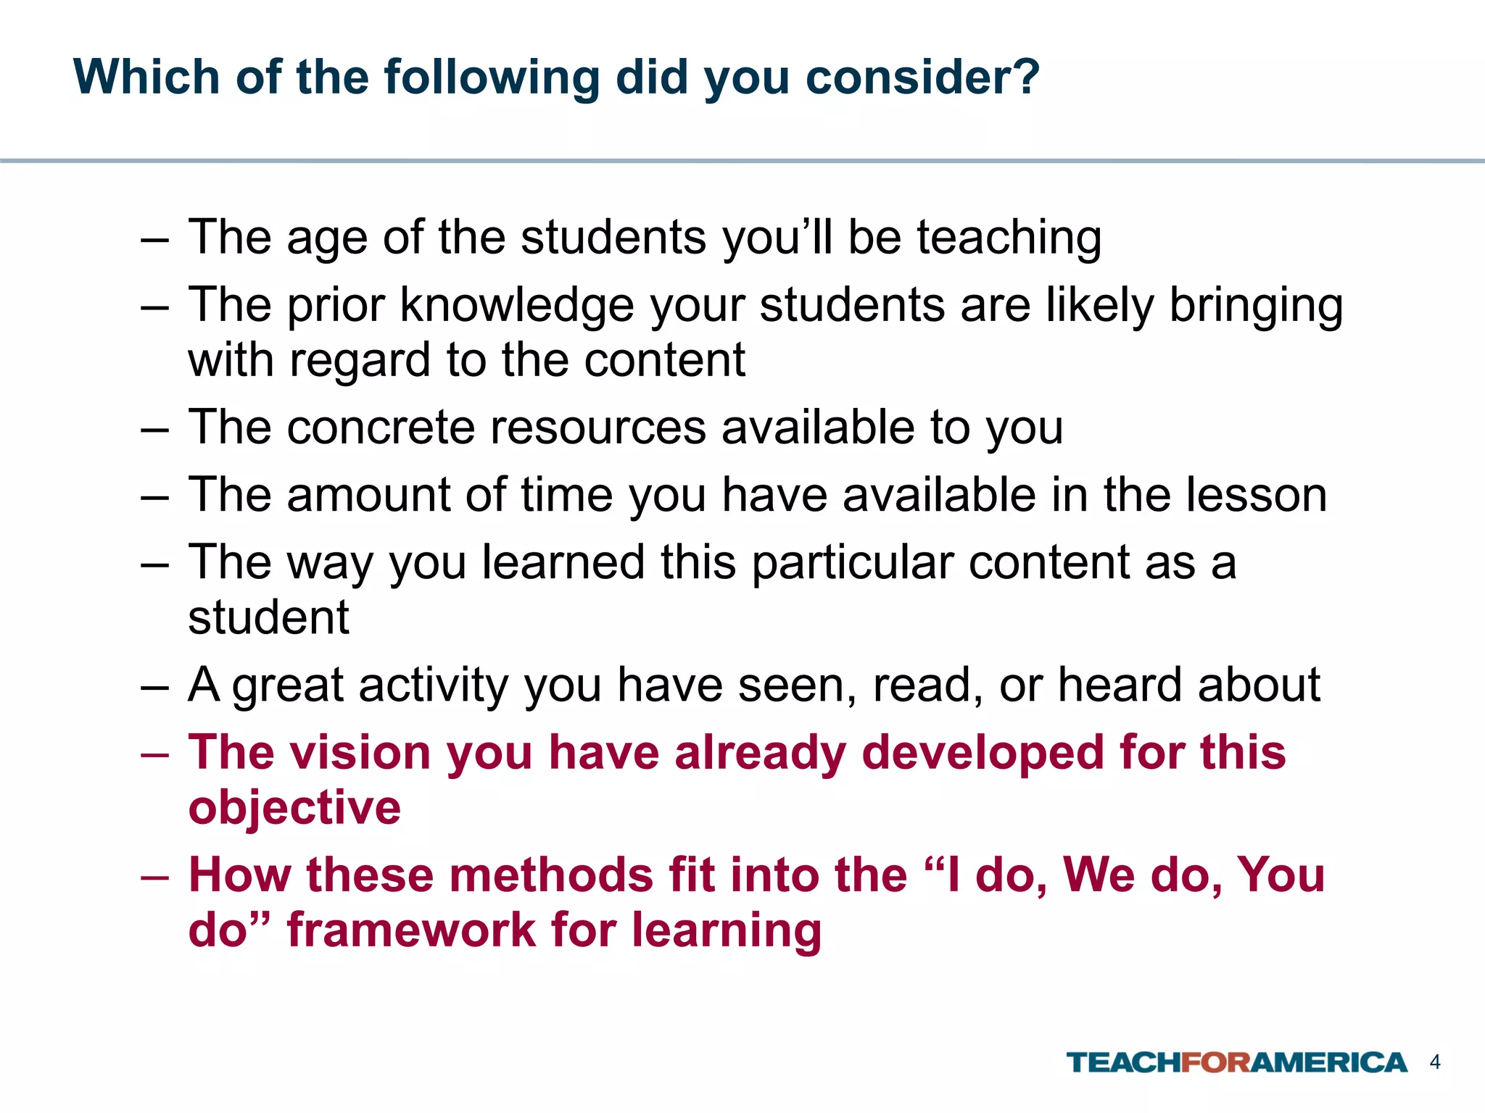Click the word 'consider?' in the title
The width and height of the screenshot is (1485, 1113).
coord(922,77)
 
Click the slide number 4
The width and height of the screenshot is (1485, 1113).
coord(1434,1062)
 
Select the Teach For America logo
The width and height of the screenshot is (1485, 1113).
coord(1236,1063)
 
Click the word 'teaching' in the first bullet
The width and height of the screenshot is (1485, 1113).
coord(1009,239)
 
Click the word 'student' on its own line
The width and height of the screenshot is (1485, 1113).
coord(269,617)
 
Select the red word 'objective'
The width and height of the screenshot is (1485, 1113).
coord(294,808)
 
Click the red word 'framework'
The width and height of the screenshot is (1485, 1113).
coord(411,930)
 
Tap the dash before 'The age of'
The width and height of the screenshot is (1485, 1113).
coord(154,239)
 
